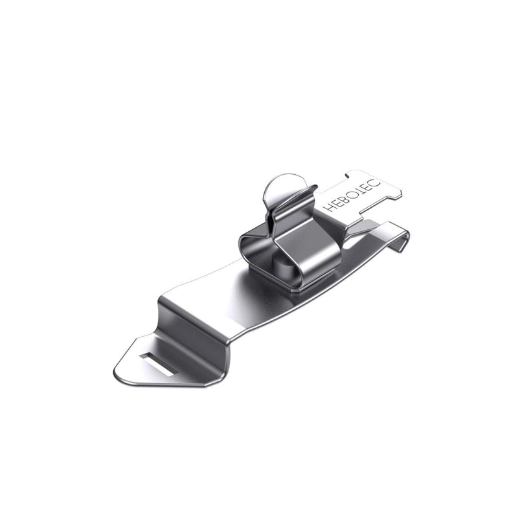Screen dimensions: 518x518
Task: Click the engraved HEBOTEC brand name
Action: (x=352, y=196)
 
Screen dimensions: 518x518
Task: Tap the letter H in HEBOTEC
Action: (x=329, y=207)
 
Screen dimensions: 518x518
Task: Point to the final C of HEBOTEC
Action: (x=376, y=185)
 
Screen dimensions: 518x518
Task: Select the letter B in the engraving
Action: (x=344, y=199)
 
